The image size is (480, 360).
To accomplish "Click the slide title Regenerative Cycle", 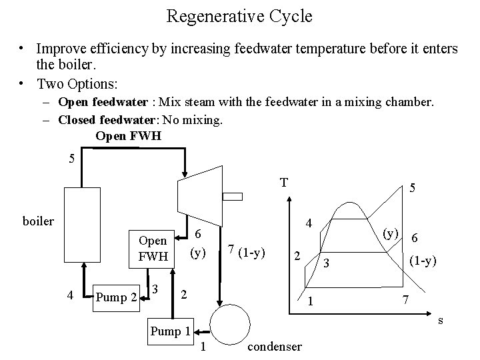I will tap(239, 16).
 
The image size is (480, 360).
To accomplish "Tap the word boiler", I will tap(38, 221).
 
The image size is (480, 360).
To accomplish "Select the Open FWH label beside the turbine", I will tap(153, 247).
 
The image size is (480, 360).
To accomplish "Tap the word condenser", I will tap(273, 347).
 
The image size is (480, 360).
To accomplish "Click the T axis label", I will tap(284, 181).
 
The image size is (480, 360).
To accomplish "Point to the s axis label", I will tap(440, 321).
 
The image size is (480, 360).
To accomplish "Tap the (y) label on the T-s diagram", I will tap(391, 233).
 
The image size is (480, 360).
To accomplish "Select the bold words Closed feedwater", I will tap(99, 121).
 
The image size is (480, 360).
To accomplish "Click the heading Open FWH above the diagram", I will tap(128, 136).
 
